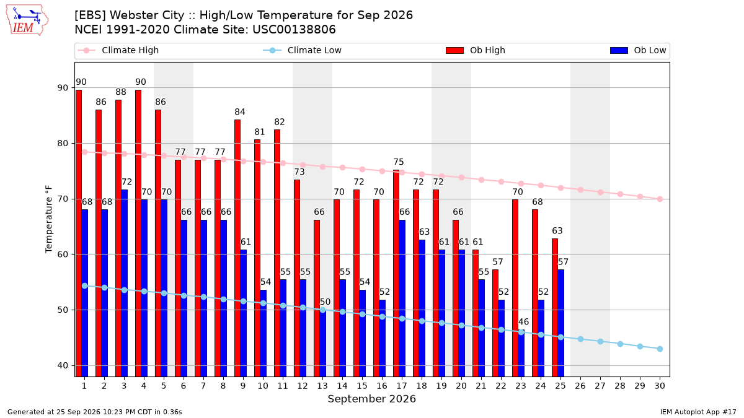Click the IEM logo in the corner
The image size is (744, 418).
27,20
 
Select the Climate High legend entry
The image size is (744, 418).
118,50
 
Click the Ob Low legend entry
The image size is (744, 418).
638,50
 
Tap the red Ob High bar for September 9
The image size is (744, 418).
237,248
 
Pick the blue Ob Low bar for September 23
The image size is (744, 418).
521,354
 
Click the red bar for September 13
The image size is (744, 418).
317,298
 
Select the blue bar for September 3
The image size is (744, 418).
124,284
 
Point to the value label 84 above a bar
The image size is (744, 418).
240,112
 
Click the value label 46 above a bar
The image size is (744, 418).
523,322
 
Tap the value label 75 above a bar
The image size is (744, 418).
399,162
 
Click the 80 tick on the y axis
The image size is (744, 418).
63,143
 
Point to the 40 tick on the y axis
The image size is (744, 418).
63,365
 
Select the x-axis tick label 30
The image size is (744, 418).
660,386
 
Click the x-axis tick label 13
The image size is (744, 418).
322,386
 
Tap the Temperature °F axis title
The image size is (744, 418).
49,219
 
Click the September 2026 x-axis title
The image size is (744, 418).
371,399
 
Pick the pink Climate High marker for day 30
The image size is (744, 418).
660,199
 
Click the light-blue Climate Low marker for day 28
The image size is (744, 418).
620,344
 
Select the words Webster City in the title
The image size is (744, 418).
147,15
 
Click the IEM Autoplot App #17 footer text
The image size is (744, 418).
698,412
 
